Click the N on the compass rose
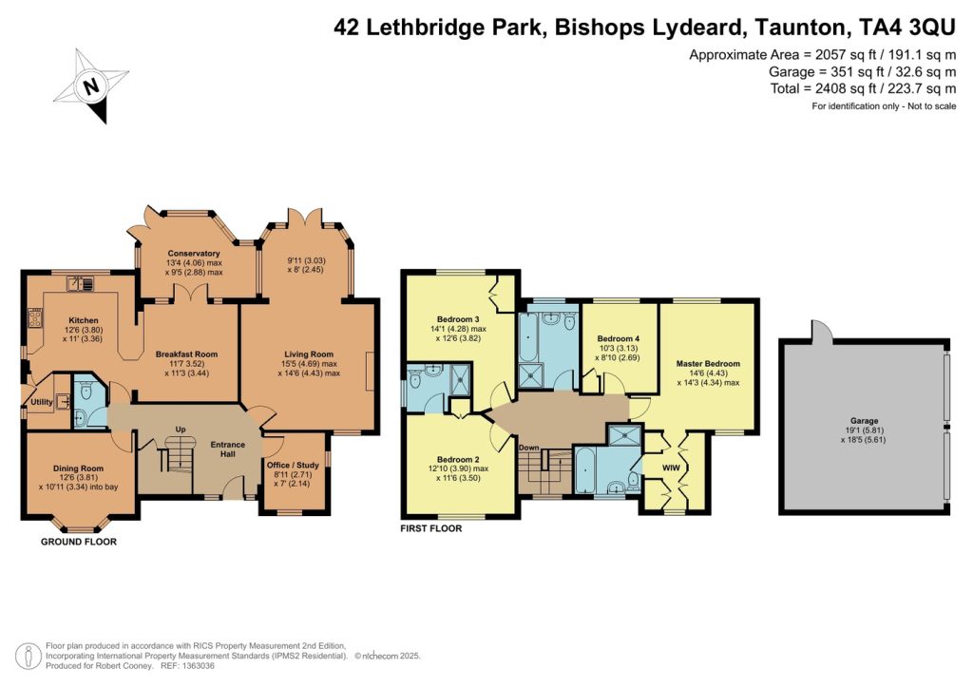(92, 86)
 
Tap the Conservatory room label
(194, 253)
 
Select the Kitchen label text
(84, 320)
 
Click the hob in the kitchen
(35, 319)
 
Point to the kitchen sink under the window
(80, 283)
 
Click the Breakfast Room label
(187, 354)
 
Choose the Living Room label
(309, 354)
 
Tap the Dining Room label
(78, 468)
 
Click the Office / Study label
(293, 465)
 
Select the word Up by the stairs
(181, 430)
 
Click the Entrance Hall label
(228, 449)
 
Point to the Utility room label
(42, 402)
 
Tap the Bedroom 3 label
(458, 319)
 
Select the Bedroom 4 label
(618, 338)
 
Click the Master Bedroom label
(708, 364)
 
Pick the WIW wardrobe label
(672, 468)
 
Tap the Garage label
(865, 421)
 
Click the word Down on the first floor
(528, 448)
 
